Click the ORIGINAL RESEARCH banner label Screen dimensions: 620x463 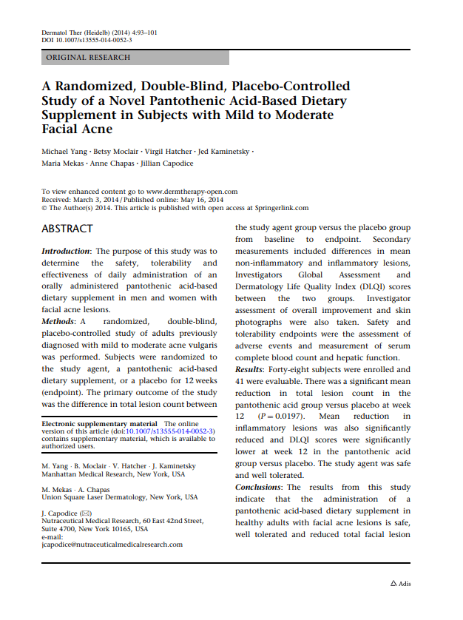coord(88,57)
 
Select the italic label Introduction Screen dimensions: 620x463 coord(66,252)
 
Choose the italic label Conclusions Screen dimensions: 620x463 coord(259,487)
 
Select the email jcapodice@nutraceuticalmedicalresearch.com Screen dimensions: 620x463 coord(112,545)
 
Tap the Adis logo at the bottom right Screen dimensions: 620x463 coord(400,584)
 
